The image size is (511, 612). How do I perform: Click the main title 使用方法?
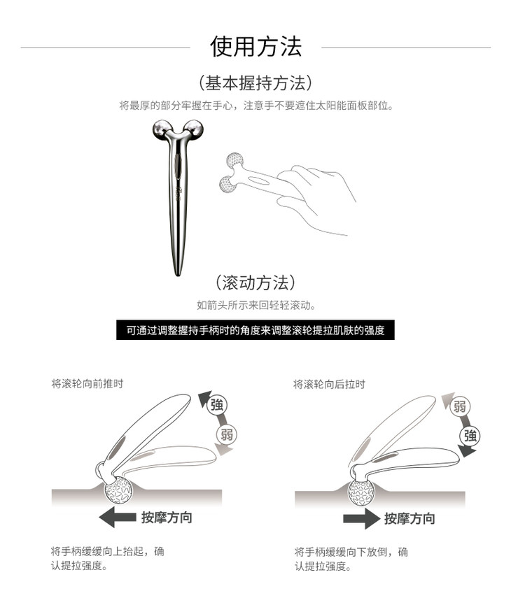(256, 46)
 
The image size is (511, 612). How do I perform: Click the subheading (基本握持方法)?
(255, 83)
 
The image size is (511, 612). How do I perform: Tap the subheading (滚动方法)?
(255, 283)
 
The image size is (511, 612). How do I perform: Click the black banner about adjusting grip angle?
(255, 330)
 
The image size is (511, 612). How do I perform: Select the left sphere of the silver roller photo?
(161, 129)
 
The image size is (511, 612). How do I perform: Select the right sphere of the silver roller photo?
(194, 129)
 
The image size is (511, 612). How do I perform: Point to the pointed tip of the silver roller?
(178, 273)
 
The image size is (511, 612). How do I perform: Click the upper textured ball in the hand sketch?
(234, 160)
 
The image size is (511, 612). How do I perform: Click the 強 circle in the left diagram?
(217, 405)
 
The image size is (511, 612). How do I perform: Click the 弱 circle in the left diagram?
(227, 434)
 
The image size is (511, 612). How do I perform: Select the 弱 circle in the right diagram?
(460, 406)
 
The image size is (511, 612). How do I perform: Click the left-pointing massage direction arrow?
(117, 518)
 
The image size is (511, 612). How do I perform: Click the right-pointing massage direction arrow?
(361, 519)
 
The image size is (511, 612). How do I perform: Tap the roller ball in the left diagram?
(118, 490)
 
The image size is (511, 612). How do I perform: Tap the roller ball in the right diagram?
(361, 492)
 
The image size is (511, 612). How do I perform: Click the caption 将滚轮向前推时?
(87, 384)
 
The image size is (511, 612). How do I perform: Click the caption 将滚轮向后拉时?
(329, 385)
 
